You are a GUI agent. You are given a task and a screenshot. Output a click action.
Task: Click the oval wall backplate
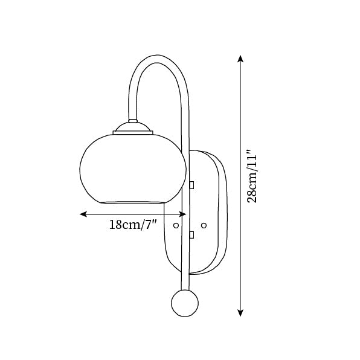(208, 211)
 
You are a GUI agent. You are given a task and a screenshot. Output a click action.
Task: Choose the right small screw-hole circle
(204, 225)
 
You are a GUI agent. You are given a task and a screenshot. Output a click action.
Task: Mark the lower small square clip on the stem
(191, 234)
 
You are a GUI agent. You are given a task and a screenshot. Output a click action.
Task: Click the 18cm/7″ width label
(132, 225)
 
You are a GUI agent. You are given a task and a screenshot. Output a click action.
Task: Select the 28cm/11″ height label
(254, 178)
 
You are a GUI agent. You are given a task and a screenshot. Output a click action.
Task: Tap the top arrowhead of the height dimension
(240, 59)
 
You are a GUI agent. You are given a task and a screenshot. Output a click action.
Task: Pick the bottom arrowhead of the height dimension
(240, 312)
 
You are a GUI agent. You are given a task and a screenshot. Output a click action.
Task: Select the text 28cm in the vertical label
(254, 190)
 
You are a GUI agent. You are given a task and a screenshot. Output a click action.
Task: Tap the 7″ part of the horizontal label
(150, 225)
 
